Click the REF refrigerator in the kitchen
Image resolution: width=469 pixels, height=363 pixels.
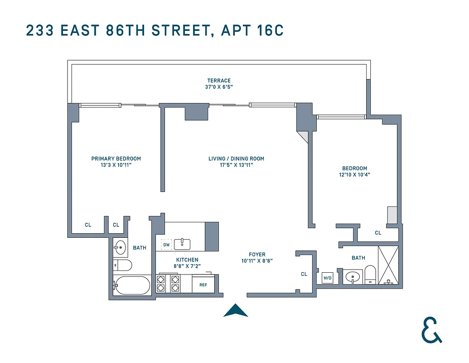pyautogui.click(x=203, y=285)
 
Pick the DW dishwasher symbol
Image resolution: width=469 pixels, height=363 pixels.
pyautogui.click(x=166, y=245)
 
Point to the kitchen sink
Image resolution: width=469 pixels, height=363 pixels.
pyautogui.click(x=182, y=244)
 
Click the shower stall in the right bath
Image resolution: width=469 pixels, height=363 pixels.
pyautogui.click(x=388, y=265)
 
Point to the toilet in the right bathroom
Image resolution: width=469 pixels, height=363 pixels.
pyautogui.click(x=370, y=275)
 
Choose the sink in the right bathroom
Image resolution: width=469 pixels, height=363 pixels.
pyautogui.click(x=352, y=276)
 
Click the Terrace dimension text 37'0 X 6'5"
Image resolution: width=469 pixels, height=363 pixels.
pyautogui.click(x=219, y=87)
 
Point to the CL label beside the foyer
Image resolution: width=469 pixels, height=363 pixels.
pyautogui.click(x=304, y=274)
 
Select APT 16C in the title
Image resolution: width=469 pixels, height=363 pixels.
pyautogui.click(x=252, y=31)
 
